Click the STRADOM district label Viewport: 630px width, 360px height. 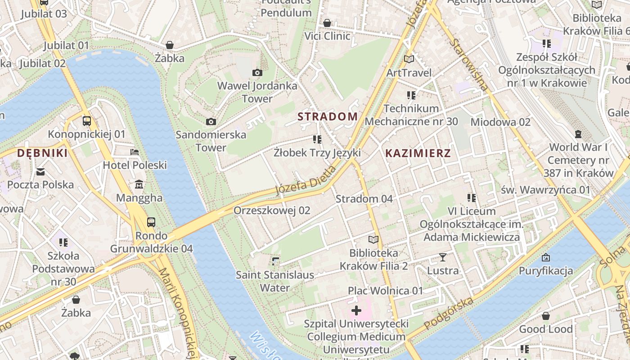point(328,117)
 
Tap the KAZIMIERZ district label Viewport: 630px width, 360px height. point(418,153)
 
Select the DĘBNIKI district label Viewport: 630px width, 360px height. point(42,153)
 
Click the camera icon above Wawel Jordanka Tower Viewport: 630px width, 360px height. point(257,72)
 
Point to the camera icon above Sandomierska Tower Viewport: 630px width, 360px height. point(211,121)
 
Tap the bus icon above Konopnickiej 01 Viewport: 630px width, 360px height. point(87,121)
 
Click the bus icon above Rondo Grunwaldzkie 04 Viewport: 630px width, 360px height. point(151,222)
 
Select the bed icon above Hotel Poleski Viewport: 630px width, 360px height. point(135,152)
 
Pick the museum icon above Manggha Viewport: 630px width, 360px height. point(139,184)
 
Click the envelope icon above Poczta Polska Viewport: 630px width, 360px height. point(40,171)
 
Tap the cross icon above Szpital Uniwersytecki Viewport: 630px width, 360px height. point(356,310)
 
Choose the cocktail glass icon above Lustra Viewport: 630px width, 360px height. point(443,257)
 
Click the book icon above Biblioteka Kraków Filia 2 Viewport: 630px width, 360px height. point(373,239)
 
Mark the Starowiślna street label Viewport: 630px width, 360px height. point(468,64)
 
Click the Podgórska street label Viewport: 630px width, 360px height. point(449,312)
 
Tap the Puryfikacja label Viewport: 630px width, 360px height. point(546,270)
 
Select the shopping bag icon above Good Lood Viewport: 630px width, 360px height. point(546,316)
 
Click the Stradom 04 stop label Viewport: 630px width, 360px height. point(364,198)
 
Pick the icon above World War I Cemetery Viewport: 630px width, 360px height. point(578,134)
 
